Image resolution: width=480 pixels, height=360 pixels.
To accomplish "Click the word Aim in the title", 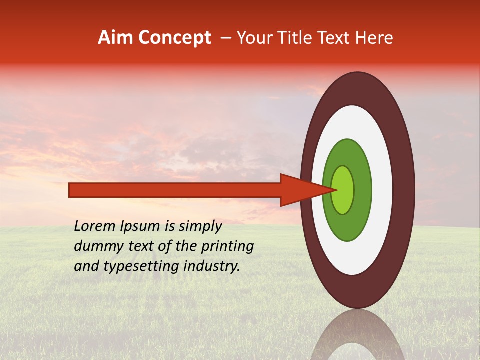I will click(115, 38).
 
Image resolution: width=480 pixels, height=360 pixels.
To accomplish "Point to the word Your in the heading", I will click(255, 38).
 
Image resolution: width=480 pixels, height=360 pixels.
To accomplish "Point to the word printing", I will click(228, 246).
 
